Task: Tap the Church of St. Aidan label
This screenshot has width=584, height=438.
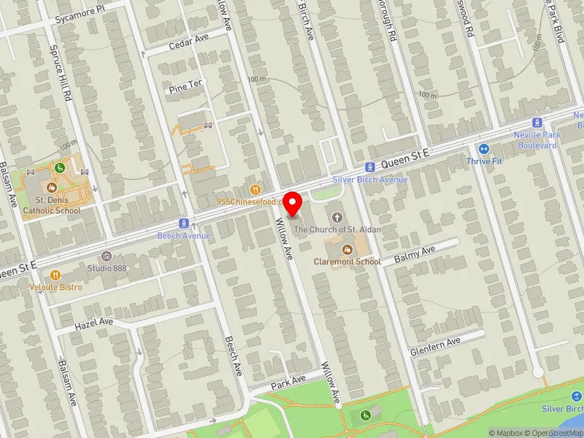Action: (337, 229)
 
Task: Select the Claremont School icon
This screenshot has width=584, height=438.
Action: (347, 250)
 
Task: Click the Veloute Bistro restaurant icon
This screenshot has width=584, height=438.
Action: (55, 275)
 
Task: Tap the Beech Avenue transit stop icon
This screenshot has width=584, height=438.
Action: (184, 223)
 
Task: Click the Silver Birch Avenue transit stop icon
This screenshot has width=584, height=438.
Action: (370, 167)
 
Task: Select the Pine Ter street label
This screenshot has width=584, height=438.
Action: (185, 86)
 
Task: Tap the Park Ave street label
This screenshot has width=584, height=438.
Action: (288, 382)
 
